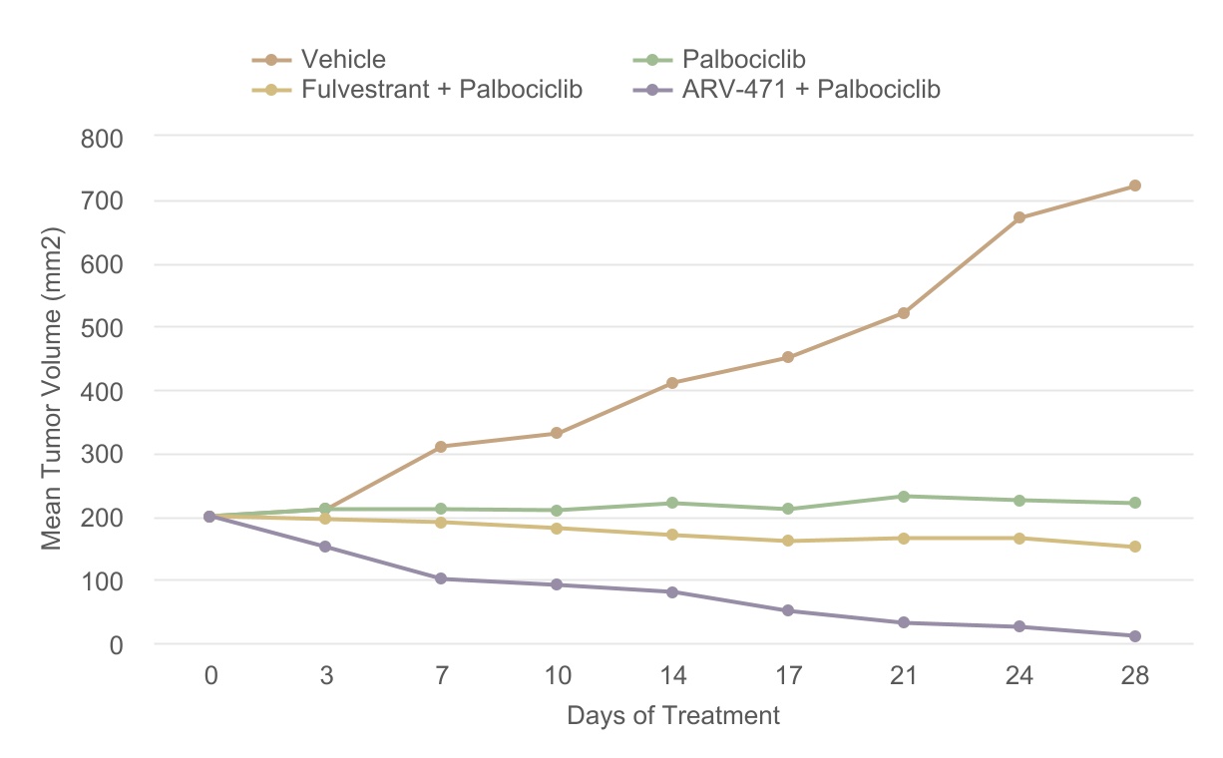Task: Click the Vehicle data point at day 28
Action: tap(1134, 186)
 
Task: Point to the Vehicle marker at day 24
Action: tap(1019, 217)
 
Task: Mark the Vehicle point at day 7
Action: tap(441, 447)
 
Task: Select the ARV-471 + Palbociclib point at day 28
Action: tap(1134, 636)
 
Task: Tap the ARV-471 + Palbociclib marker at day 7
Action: tap(441, 578)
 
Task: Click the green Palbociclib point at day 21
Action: tap(904, 497)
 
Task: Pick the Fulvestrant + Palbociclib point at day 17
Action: tap(788, 541)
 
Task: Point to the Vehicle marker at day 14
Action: tap(672, 383)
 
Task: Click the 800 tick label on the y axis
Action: tap(101, 137)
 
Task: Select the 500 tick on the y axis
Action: tap(101, 327)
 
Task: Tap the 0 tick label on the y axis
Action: tap(116, 644)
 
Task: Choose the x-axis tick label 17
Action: tap(788, 676)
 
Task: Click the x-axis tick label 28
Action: tap(1134, 676)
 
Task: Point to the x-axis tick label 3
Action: tap(326, 676)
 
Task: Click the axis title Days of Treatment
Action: tap(673, 716)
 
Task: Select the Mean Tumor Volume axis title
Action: tap(52, 390)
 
